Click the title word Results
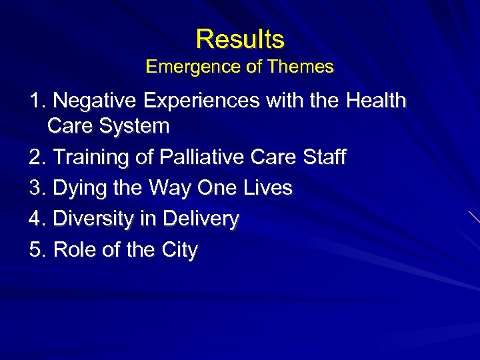(240, 39)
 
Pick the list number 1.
(36, 101)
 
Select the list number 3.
(36, 189)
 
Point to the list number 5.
(36, 250)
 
